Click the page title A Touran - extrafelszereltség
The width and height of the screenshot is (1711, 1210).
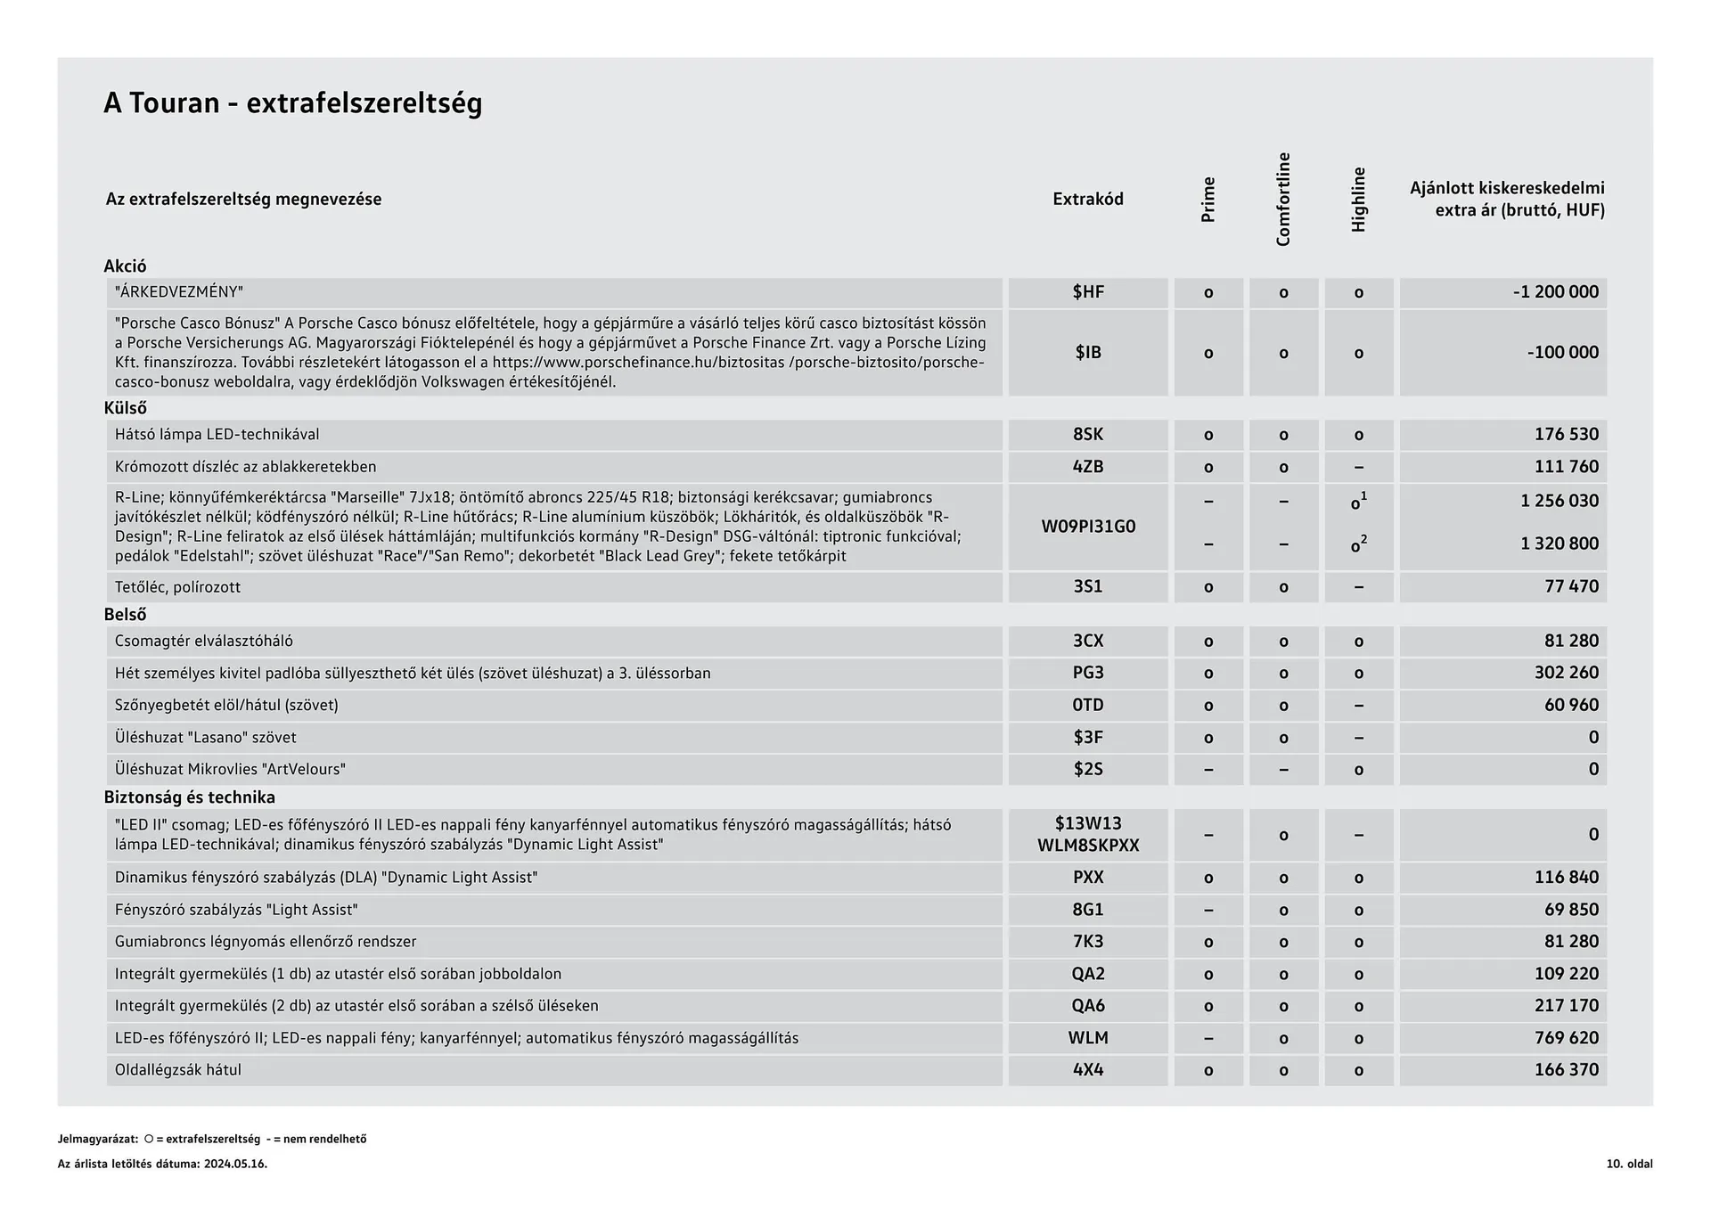tap(292, 103)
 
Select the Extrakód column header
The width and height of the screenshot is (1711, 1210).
tap(1087, 199)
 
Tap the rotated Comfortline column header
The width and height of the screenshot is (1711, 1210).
tap(1283, 200)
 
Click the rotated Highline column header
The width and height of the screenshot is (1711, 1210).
tap(1358, 200)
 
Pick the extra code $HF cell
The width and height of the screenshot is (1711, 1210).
tap(1087, 292)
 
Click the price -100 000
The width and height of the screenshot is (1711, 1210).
tap(1562, 352)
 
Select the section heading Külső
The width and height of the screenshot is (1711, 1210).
tap(125, 408)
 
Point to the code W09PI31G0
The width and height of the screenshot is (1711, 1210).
tap(1087, 527)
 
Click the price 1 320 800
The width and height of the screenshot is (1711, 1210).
tap(1559, 544)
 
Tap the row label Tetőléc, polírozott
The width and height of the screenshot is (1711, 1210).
tap(177, 587)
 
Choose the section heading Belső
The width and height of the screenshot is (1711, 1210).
tap(125, 615)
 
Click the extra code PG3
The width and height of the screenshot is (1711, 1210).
tap(1087, 673)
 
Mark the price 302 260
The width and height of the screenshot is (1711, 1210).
tap(1566, 673)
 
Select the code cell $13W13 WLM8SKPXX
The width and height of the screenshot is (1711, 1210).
tap(1087, 835)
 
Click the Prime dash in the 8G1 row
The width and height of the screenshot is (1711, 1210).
tap(1208, 910)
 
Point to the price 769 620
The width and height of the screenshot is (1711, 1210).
tap(1566, 1038)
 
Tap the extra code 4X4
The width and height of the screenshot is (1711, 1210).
tap(1087, 1070)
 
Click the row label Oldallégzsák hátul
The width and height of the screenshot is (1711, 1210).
tap(178, 1070)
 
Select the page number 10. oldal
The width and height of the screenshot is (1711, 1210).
tap(1629, 1164)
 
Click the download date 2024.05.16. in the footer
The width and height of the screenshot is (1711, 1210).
tap(235, 1164)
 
